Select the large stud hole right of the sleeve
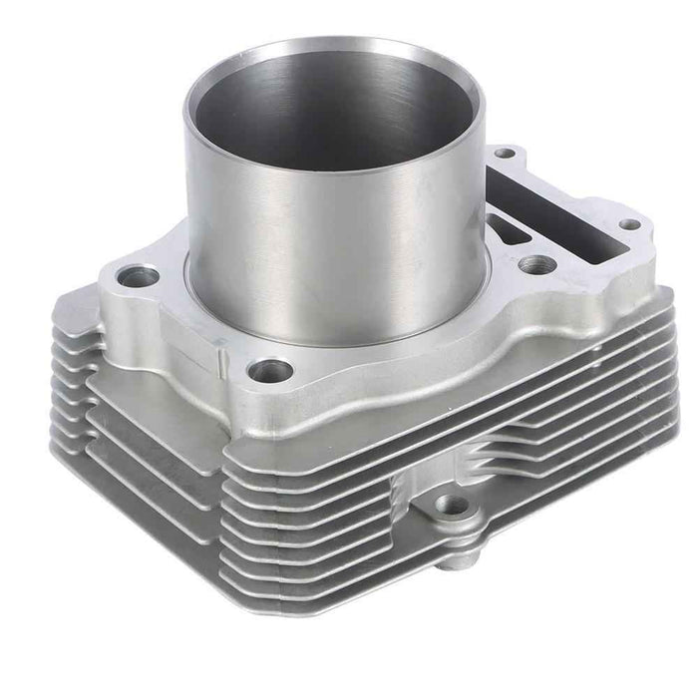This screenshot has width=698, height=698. [536, 264]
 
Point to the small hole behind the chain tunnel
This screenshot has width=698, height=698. [507, 155]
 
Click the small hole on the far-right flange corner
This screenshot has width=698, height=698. [630, 224]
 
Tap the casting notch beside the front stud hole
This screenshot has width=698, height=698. [221, 348]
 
